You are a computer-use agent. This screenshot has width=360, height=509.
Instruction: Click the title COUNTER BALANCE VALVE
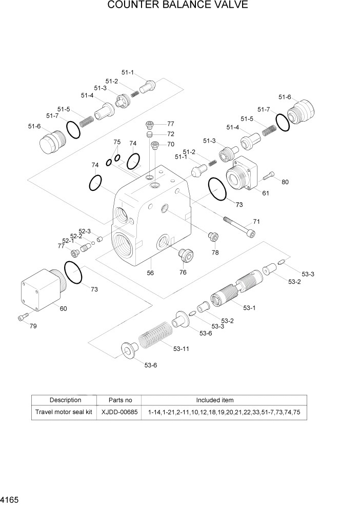pyautogui.click(x=178, y=6)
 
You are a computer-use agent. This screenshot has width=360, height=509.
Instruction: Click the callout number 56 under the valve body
pyautogui.click(x=150, y=273)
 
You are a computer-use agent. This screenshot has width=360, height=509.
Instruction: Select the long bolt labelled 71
pyautogui.click(x=239, y=227)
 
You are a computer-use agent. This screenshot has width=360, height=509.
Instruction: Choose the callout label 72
pyautogui.click(x=171, y=134)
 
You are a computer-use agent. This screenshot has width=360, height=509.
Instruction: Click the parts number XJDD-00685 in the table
pyautogui.click(x=119, y=412)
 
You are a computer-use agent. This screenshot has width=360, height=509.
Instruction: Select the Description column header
pyautogui.click(x=65, y=400)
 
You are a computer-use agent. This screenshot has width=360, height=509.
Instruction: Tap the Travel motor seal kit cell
pyautogui.click(x=64, y=412)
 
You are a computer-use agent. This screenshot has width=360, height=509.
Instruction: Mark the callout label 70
pyautogui.click(x=171, y=144)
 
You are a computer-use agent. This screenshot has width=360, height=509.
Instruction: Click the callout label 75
pyautogui.click(x=117, y=142)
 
